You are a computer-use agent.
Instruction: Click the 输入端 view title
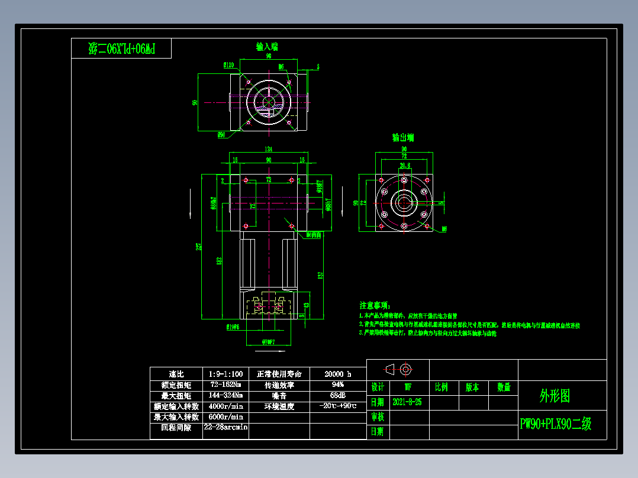coord(267,46)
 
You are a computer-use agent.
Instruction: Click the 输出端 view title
coord(403,137)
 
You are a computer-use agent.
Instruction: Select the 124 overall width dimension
coord(268,148)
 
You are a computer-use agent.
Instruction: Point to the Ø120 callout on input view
coord(228,65)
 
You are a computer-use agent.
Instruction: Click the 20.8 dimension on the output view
coord(405,165)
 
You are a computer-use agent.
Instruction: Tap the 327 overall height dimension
coord(200,246)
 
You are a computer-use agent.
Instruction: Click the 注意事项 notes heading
coord(375,305)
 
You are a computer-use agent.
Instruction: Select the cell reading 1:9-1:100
coord(225,374)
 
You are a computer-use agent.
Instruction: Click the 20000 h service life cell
coord(338,374)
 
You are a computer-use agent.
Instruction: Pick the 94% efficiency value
coord(338,385)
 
